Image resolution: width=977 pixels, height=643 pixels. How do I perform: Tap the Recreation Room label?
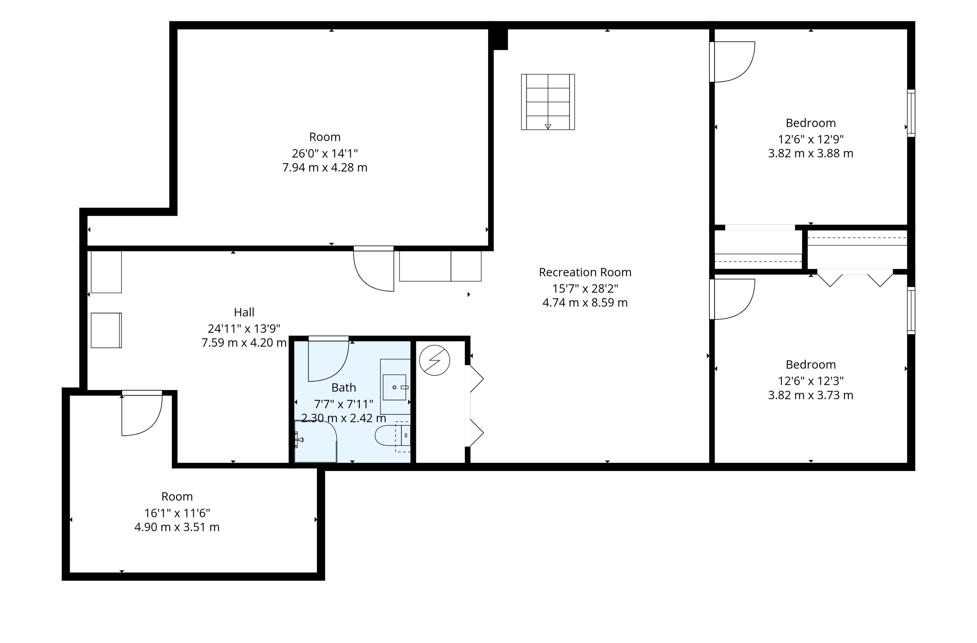pos(585,272)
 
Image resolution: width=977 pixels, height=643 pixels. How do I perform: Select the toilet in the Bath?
pos(392,436)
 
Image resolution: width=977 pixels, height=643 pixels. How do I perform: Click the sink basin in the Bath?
pos(395,387)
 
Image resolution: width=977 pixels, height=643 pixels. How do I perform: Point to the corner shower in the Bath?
pos(315,441)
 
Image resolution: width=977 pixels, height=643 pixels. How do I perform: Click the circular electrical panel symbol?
pos(434,360)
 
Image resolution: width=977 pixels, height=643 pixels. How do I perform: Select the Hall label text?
pos(244,313)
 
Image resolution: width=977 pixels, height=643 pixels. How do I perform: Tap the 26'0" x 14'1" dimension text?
pos(325,153)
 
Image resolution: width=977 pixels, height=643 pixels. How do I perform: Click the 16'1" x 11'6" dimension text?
pos(177,513)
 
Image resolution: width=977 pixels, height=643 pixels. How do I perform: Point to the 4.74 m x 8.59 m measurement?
pos(585,303)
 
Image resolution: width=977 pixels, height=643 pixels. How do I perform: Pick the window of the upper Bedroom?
pos(911,113)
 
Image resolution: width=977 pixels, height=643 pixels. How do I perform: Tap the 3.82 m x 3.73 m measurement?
pos(811,395)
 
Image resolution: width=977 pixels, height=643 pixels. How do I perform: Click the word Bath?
pos(343,388)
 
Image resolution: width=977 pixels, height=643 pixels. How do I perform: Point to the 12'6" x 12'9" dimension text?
pos(811,139)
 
